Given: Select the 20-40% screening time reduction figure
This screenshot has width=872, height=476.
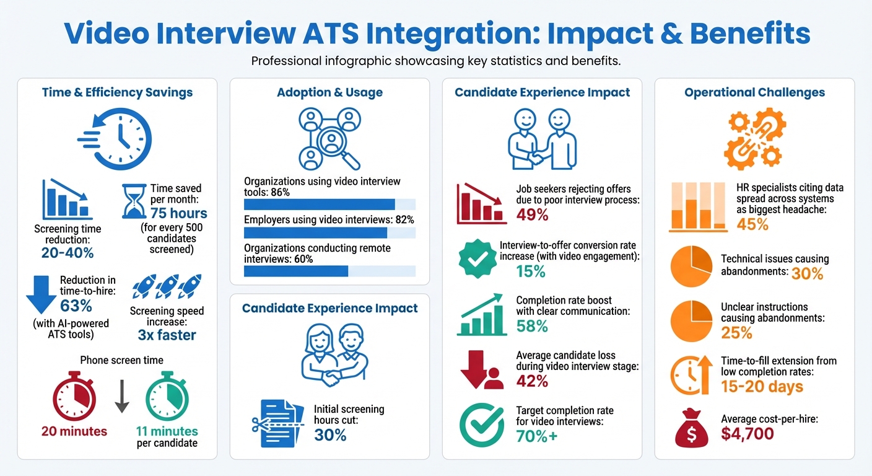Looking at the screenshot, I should (x=68, y=253).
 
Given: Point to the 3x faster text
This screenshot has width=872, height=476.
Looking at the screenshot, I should (x=167, y=335).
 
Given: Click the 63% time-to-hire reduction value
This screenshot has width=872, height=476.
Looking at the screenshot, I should (x=76, y=306).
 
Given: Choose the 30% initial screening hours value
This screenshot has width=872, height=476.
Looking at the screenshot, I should (x=330, y=435).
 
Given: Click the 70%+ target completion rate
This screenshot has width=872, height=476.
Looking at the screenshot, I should (x=537, y=436).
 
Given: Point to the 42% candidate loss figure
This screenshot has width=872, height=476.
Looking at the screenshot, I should (x=532, y=381).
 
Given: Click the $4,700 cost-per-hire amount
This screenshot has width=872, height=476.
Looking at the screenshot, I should (x=747, y=433).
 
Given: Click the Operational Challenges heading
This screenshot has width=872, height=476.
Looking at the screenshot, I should (x=754, y=93).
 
